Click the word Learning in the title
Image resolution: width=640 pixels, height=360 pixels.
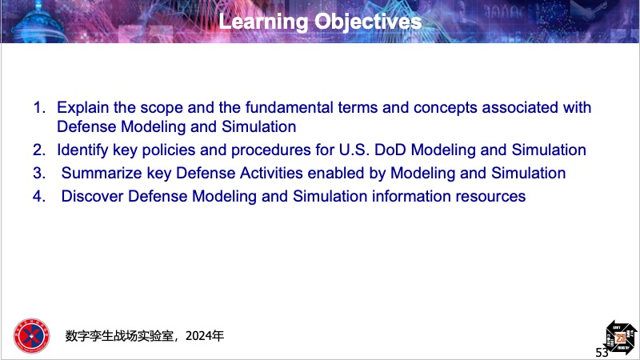point(263,22)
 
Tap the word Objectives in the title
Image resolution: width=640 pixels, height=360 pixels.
point(368,22)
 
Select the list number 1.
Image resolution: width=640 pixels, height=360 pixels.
point(38,108)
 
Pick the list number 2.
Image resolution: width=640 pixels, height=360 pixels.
point(38,150)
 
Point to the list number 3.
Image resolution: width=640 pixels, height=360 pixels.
point(38,173)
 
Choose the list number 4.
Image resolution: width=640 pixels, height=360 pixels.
point(38,196)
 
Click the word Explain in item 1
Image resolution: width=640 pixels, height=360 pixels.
point(83,108)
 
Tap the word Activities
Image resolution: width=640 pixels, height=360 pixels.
point(271,174)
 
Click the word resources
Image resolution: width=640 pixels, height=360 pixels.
point(490,197)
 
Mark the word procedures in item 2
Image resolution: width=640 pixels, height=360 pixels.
point(271,150)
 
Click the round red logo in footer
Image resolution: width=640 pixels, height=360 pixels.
point(31,336)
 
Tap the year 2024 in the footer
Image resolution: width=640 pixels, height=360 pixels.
point(198,336)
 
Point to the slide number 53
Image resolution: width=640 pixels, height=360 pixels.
point(602,352)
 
